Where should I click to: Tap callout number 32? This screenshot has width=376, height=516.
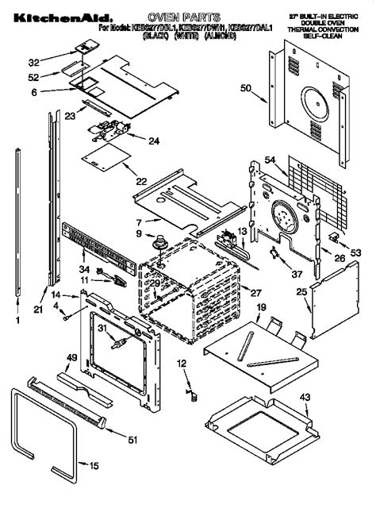pyautogui.click(x=33, y=60)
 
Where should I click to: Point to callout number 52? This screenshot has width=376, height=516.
pyautogui.click(x=33, y=76)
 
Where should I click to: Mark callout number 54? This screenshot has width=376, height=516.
pyautogui.click(x=270, y=161)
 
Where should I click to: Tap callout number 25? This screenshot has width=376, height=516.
pyautogui.click(x=302, y=292)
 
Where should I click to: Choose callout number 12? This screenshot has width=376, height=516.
pyautogui.click(x=181, y=363)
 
